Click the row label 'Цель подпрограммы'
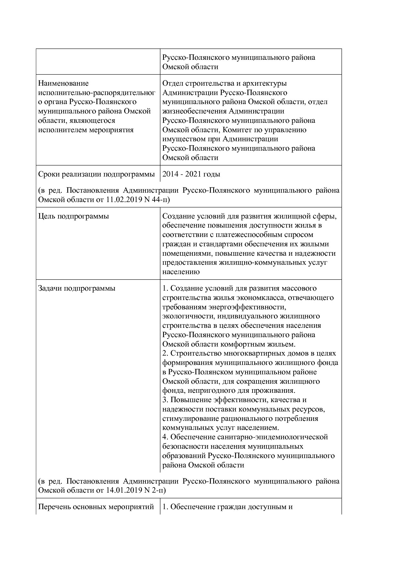coord(73,216)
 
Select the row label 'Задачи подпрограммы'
coord(77,288)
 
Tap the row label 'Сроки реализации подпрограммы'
coord(96,174)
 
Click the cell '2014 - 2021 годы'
coord(191,174)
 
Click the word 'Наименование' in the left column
coord(63,83)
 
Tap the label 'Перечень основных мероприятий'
coord(96,507)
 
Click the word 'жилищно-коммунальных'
coord(262,262)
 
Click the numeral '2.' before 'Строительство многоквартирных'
coord(165,353)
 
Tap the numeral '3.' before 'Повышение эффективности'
coord(165,400)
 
